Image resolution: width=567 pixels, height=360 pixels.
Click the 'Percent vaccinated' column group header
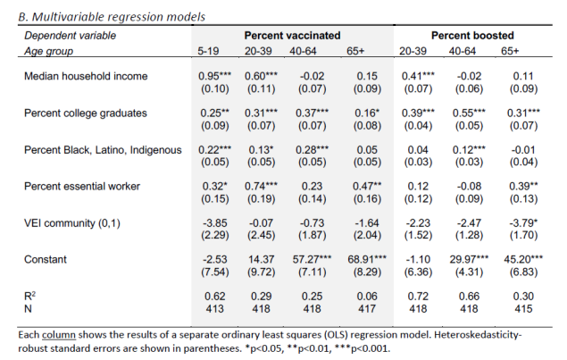(293, 35)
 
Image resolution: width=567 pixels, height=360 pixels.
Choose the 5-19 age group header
(211, 51)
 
